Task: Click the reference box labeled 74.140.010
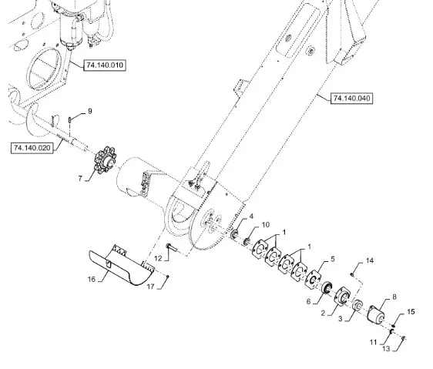[x=105, y=65]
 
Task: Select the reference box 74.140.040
[x=351, y=99]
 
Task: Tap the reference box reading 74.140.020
[x=32, y=148]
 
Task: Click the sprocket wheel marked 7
[x=106, y=160]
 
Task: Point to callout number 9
[x=90, y=111]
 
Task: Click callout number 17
[x=150, y=287]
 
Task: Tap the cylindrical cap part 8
[x=377, y=314]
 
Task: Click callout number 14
[x=370, y=260]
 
